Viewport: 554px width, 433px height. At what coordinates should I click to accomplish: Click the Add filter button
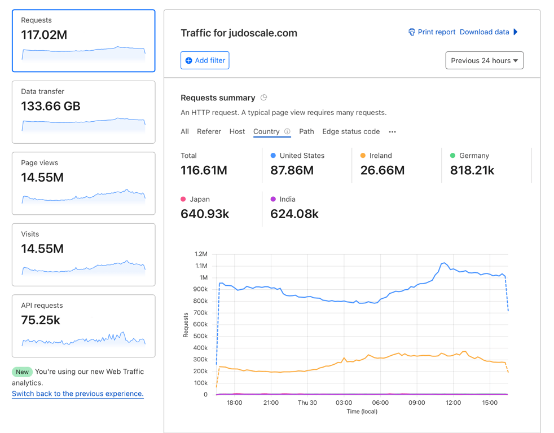[x=205, y=60]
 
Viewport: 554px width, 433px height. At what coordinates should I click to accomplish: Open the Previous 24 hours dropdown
[x=484, y=60]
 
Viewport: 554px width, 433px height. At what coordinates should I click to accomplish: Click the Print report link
[x=432, y=32]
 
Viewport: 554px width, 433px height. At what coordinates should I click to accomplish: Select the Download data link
[x=485, y=32]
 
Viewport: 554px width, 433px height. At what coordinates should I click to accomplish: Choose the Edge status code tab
[x=351, y=131]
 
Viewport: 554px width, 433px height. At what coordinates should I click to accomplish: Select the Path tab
[x=306, y=131]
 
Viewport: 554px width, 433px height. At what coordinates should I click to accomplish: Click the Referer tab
[x=209, y=131]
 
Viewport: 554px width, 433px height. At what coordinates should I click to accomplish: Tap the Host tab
[x=237, y=131]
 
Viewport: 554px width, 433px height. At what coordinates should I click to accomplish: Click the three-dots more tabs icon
[x=392, y=132]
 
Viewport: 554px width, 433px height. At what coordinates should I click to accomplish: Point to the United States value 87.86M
[x=292, y=170]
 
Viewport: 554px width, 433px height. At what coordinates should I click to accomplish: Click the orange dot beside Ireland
[x=363, y=156]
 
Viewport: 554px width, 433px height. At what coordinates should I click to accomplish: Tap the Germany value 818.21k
[x=472, y=170]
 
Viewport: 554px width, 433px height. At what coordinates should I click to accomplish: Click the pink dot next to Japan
[x=183, y=199]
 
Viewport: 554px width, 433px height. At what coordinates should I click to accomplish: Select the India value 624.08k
[x=294, y=214]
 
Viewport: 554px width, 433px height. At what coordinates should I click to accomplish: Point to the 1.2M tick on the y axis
[x=200, y=254]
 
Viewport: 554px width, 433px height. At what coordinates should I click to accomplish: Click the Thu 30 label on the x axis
[x=307, y=403]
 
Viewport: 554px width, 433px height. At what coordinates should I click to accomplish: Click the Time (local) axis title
[x=362, y=412]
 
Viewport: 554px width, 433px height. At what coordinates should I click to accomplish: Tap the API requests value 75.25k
[x=41, y=320]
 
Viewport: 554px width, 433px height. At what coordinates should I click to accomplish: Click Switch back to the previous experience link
[x=77, y=394]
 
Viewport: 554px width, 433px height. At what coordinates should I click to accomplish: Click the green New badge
[x=22, y=372]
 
